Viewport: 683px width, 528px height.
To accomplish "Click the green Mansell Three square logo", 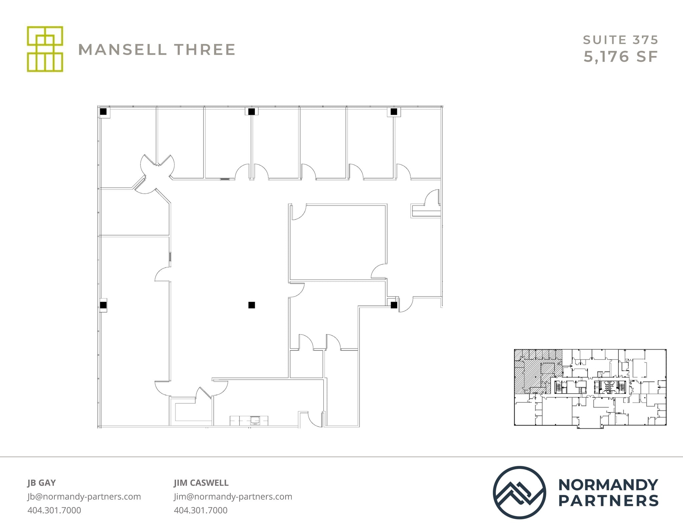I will [x=45, y=49].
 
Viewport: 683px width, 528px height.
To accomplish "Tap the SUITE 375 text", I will [x=620, y=40].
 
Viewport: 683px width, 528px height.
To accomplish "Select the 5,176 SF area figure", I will [x=620, y=57].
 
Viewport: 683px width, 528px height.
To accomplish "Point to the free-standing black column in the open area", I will [x=252, y=305].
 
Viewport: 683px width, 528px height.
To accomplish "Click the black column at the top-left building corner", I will [x=103, y=111].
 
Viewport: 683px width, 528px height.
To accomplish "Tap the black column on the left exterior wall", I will [x=103, y=305].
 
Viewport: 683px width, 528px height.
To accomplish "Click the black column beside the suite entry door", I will [x=394, y=305].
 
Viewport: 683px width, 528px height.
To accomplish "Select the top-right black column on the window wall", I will [x=394, y=111].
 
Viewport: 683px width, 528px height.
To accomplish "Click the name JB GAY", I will [x=42, y=483].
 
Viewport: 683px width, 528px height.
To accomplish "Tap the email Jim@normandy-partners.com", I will [x=233, y=496].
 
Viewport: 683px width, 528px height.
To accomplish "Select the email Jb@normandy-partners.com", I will [x=84, y=496].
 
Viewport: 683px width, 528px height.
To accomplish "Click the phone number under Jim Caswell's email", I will [x=200, y=510].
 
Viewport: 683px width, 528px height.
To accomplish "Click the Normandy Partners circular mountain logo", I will [x=519, y=492].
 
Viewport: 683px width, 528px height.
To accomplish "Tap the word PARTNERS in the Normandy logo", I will [x=608, y=501].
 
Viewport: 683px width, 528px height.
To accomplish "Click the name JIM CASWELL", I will [x=201, y=483].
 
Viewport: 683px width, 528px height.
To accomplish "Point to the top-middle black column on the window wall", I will [x=252, y=111].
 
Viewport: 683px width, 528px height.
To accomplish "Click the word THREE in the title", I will [x=205, y=50].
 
